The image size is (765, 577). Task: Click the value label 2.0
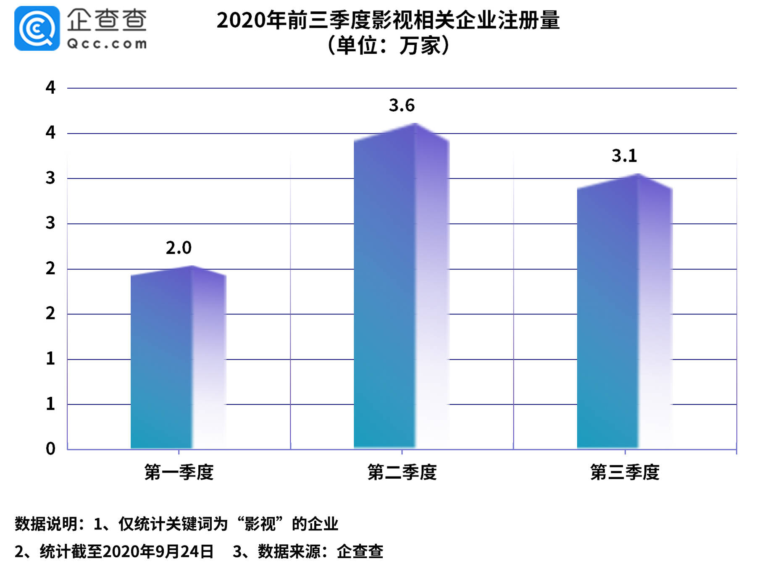pyautogui.click(x=179, y=248)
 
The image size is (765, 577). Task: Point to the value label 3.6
pyautogui.click(x=402, y=105)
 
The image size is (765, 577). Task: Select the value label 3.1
pyautogui.click(x=624, y=156)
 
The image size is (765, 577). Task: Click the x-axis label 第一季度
pyautogui.click(x=179, y=472)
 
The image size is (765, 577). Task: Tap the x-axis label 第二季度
pyautogui.click(x=402, y=472)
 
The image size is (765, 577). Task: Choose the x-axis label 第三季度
pyautogui.click(x=625, y=472)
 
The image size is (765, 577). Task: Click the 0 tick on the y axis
pyautogui.click(x=50, y=448)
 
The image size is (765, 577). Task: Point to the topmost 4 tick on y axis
pyautogui.click(x=50, y=87)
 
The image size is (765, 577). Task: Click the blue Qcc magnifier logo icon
pyautogui.click(x=37, y=29)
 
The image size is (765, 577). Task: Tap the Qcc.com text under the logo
pyautogui.click(x=107, y=44)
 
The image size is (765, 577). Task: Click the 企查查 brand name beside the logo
pyautogui.click(x=107, y=20)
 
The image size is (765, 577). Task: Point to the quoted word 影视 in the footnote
pyautogui.click(x=260, y=524)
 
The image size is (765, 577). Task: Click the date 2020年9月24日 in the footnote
pyautogui.click(x=158, y=551)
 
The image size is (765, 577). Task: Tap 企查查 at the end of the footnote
pyautogui.click(x=360, y=551)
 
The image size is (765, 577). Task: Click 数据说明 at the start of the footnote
pyautogui.click(x=46, y=524)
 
